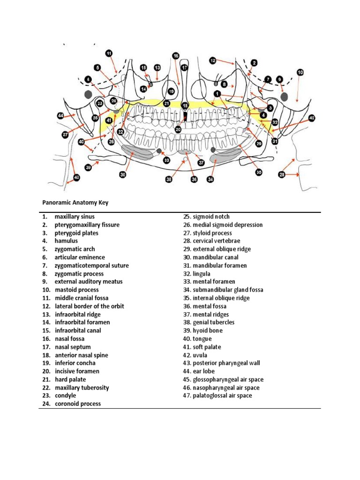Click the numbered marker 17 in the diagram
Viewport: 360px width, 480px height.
(185, 67)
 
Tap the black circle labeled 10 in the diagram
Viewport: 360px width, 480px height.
(300, 72)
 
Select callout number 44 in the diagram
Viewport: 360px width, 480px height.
(60, 115)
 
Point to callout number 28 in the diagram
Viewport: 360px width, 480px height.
(282, 174)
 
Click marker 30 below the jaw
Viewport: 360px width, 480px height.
(122, 174)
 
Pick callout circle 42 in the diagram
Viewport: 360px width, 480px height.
(312, 118)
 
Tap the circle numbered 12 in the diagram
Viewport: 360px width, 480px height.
(212, 60)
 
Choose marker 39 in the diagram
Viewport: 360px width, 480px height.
(88, 167)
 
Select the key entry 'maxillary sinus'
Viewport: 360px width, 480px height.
(74, 217)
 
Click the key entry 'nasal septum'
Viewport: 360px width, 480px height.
(73, 347)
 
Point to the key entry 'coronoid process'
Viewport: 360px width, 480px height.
(77, 404)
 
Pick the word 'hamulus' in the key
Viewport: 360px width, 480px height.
(67, 241)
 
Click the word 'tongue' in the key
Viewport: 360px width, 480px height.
(202, 338)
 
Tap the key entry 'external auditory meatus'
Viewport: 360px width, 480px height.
(88, 282)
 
